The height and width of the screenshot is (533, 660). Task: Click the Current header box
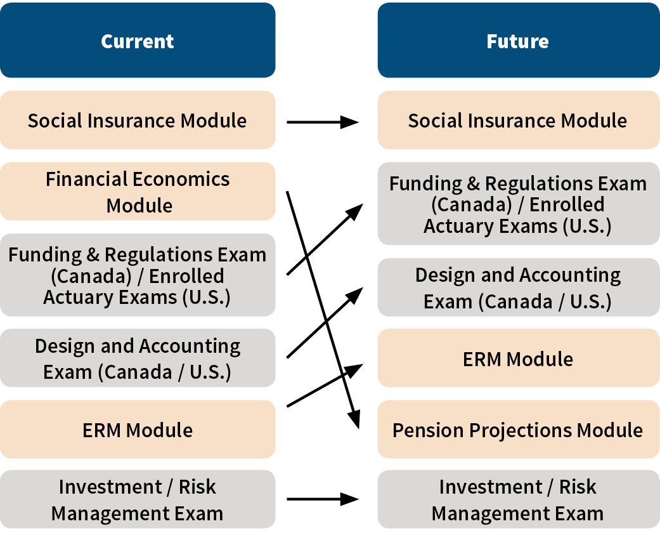pyautogui.click(x=138, y=40)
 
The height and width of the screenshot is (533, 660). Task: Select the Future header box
pyautogui.click(x=519, y=40)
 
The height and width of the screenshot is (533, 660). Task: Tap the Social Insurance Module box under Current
pyautogui.click(x=138, y=120)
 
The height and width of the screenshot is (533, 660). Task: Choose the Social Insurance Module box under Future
pyautogui.click(x=519, y=120)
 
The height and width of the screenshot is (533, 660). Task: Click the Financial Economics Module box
pyautogui.click(x=138, y=191)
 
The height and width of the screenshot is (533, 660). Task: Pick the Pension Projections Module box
pyautogui.click(x=519, y=430)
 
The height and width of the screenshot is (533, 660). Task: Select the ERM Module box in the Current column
pyautogui.click(x=138, y=430)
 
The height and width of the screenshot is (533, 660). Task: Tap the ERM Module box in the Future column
pyautogui.click(x=519, y=358)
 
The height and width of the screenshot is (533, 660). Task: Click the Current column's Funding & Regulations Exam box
pyautogui.click(x=138, y=275)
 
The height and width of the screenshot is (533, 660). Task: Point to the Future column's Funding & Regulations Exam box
pyautogui.click(x=519, y=204)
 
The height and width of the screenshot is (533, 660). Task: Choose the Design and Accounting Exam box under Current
pyautogui.click(x=138, y=358)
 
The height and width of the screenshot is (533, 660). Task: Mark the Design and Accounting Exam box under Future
pyautogui.click(x=519, y=287)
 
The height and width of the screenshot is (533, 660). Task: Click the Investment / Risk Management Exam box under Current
pyautogui.click(x=138, y=499)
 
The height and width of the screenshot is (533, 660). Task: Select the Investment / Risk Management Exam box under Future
pyautogui.click(x=519, y=499)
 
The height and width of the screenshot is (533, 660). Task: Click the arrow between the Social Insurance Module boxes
pyautogui.click(x=323, y=122)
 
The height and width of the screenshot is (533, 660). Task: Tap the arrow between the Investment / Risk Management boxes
pyautogui.click(x=323, y=499)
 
